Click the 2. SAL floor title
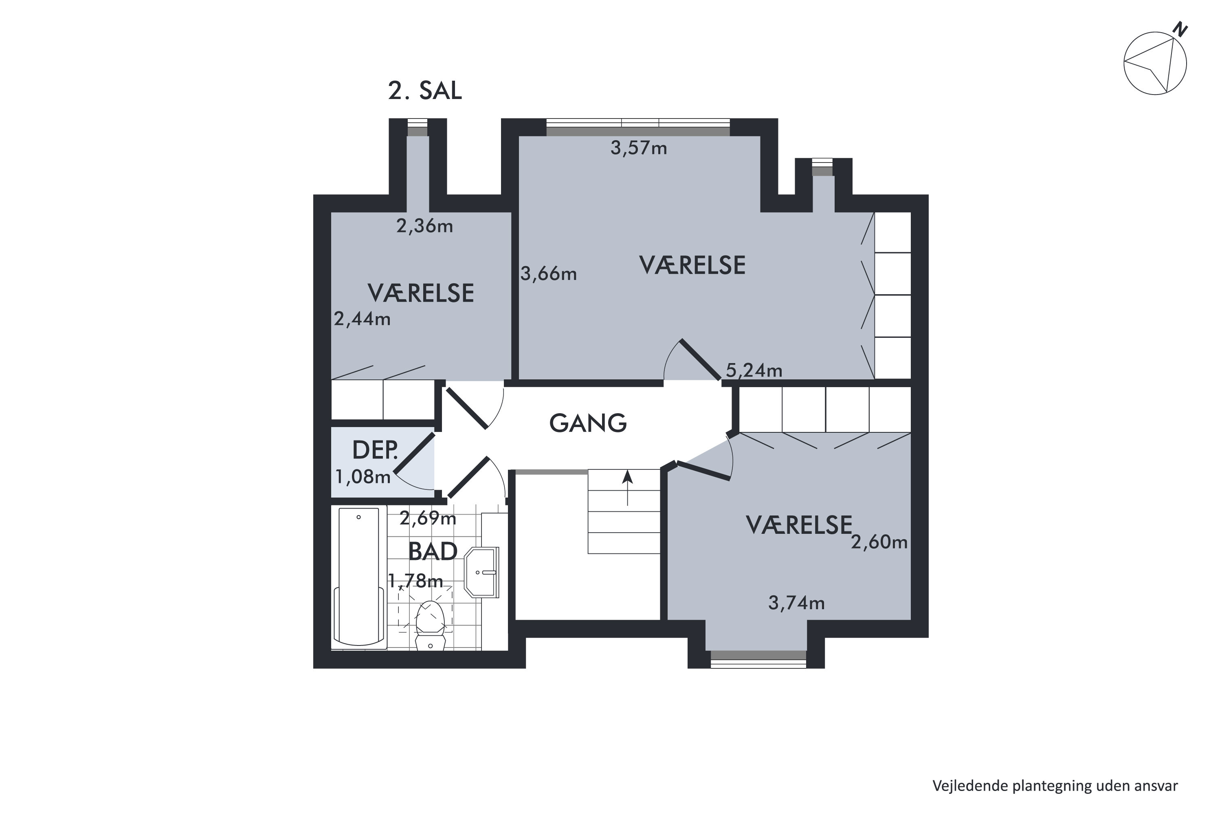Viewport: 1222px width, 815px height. click(x=424, y=91)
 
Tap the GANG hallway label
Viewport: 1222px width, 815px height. click(x=588, y=423)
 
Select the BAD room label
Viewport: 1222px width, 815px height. click(x=432, y=551)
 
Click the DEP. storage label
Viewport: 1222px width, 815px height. click(x=375, y=450)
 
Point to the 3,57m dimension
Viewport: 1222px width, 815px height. click(x=639, y=149)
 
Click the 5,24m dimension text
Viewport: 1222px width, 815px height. click(x=754, y=370)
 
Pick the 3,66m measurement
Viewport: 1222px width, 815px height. click(x=549, y=274)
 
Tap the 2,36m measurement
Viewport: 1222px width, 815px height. click(x=424, y=226)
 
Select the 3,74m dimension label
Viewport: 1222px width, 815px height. click(x=796, y=603)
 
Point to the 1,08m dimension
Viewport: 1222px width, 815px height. click(x=363, y=477)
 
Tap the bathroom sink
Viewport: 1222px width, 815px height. click(x=481, y=572)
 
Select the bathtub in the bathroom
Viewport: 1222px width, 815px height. click(x=359, y=578)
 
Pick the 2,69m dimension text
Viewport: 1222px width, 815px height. click(x=428, y=518)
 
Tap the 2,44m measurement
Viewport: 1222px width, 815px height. click(x=362, y=319)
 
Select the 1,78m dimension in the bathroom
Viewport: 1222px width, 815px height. click(x=415, y=581)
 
